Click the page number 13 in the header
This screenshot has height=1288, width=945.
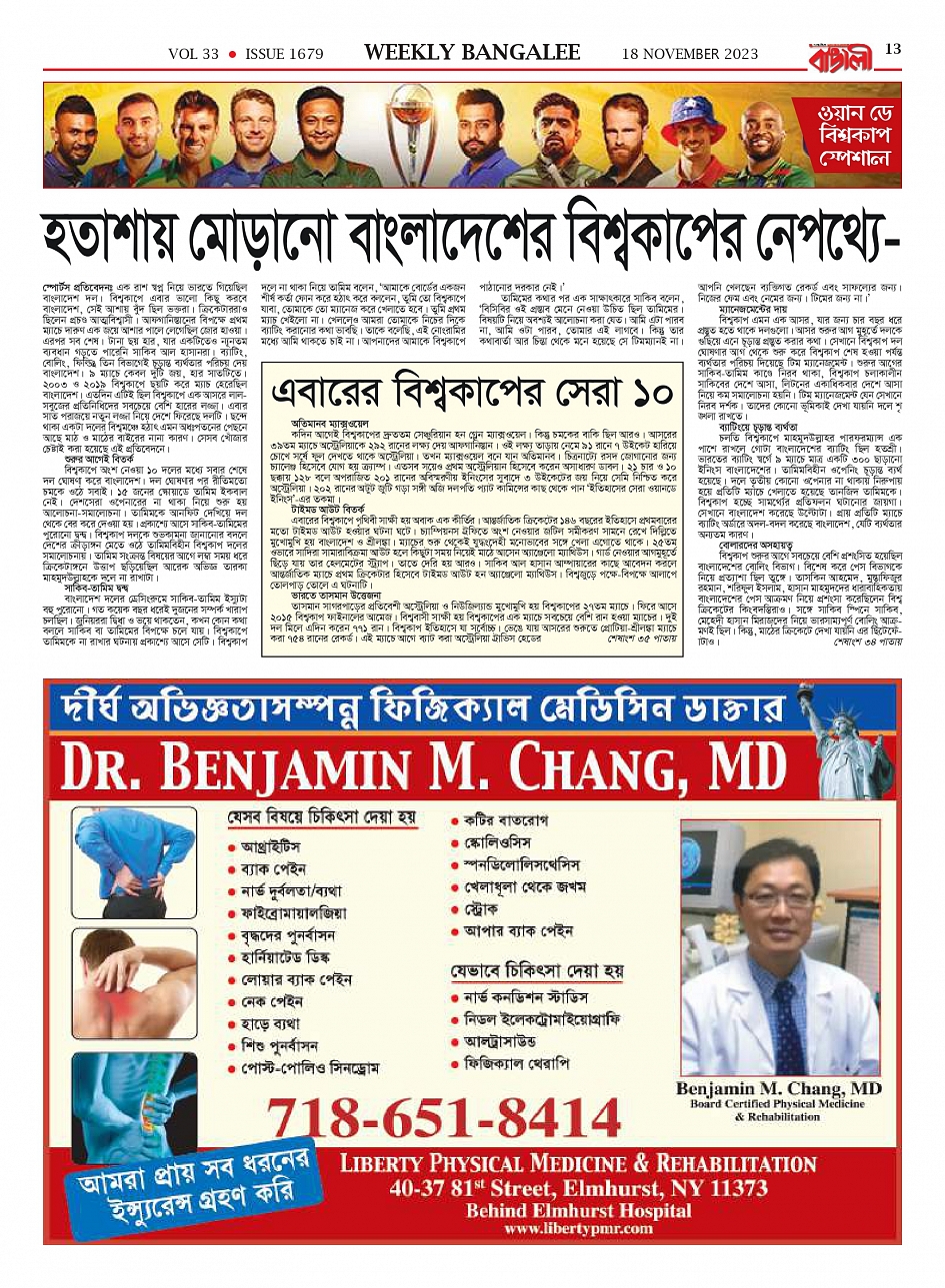click(893, 49)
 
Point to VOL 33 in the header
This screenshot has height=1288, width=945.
click(193, 54)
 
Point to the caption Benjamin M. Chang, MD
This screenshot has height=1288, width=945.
click(778, 1088)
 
